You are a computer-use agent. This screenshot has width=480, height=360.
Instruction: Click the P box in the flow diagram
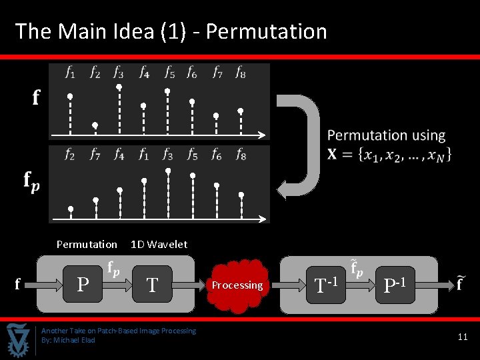tap(83, 285)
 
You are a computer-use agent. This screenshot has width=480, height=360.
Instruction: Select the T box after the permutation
tap(152, 285)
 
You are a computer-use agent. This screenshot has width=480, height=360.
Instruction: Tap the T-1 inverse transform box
tap(325, 285)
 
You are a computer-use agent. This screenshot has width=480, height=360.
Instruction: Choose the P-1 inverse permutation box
tap(395, 285)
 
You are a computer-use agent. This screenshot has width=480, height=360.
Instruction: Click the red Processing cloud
tap(237, 285)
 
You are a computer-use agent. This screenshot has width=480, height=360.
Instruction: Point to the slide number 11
tap(463, 337)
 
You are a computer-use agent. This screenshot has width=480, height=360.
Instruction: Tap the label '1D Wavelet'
tap(159, 244)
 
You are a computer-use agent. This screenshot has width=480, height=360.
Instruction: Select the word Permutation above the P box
tap(87, 244)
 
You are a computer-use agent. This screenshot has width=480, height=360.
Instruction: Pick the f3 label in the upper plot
tap(118, 72)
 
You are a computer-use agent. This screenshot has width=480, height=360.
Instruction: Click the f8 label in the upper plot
tap(240, 72)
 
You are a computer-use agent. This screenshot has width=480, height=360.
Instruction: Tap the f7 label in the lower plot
tap(95, 155)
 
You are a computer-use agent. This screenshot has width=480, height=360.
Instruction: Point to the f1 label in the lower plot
tap(143, 155)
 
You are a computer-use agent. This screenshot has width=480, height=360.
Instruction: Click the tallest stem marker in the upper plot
tap(119, 87)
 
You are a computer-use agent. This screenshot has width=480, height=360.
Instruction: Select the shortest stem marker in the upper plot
tap(95, 125)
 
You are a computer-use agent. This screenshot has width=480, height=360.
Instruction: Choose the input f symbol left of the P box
tap(17, 285)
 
